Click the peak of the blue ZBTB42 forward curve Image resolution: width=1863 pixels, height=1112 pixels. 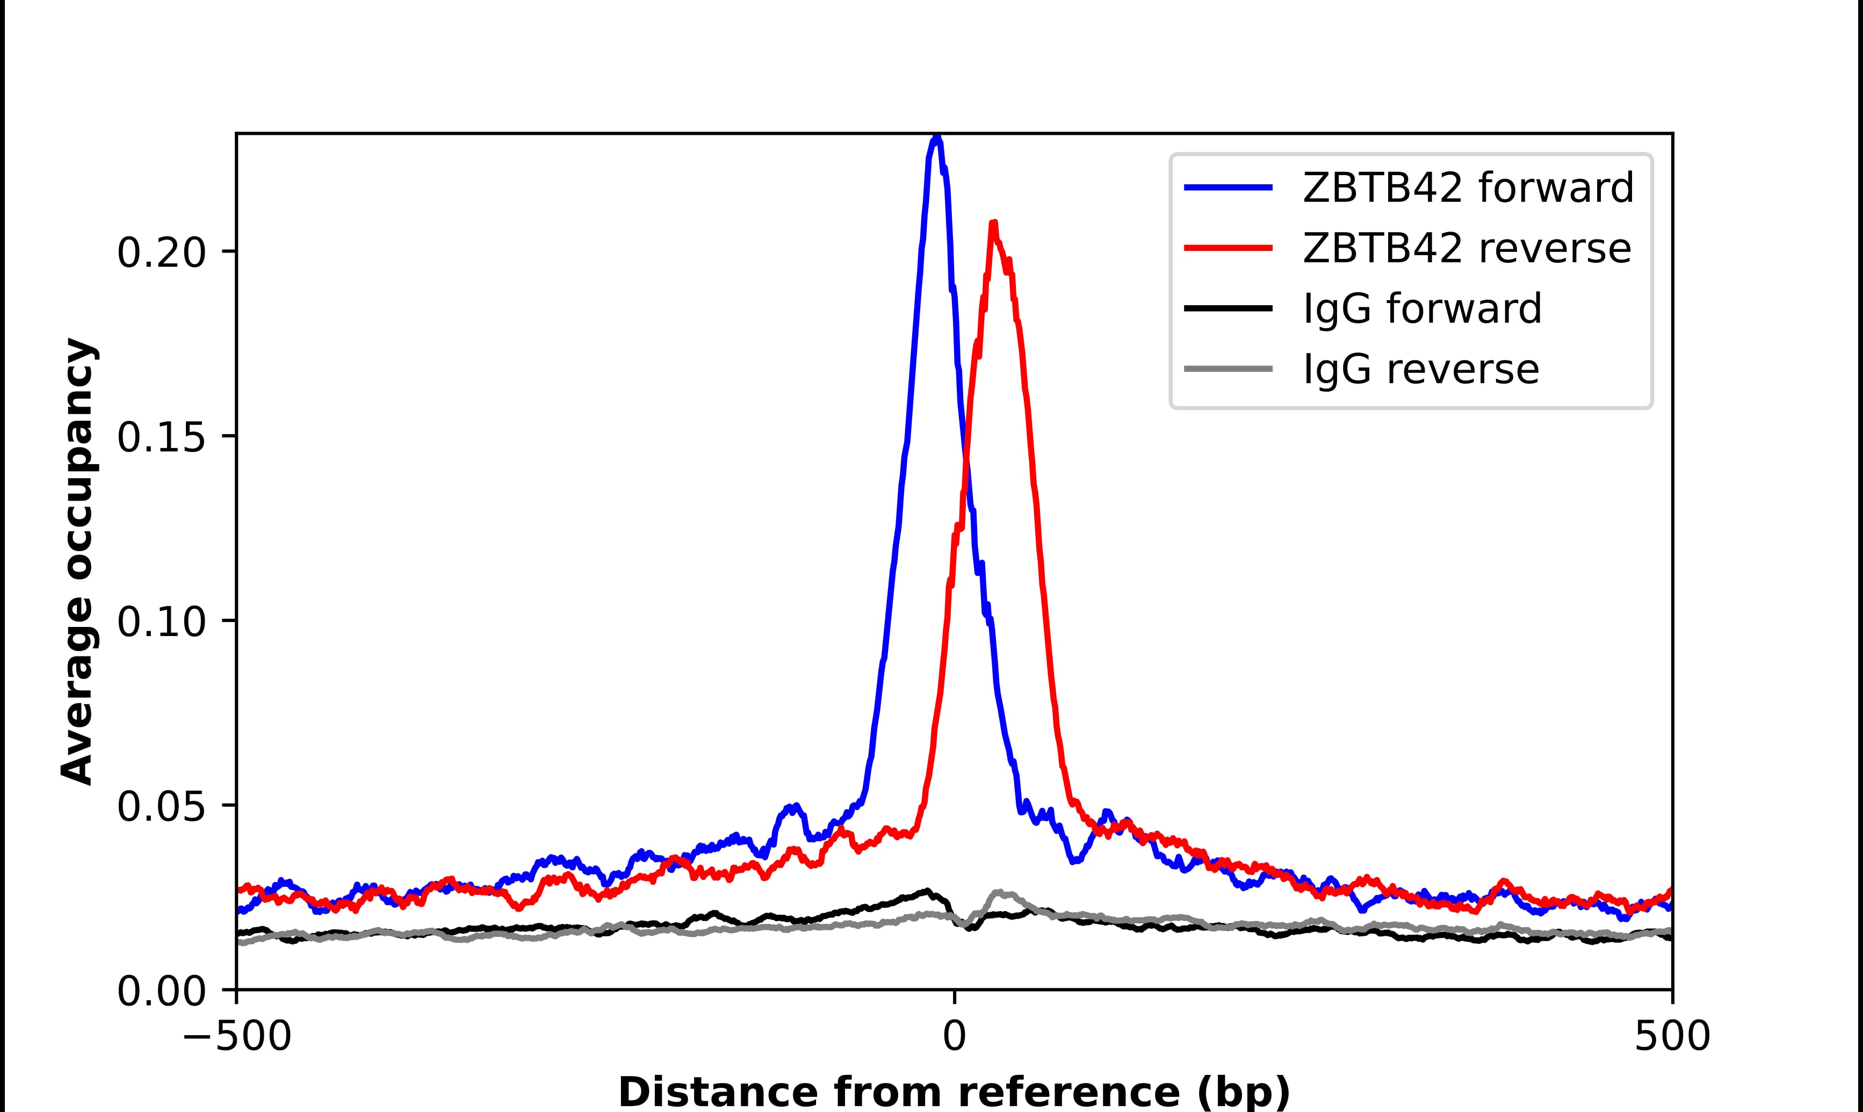point(936,138)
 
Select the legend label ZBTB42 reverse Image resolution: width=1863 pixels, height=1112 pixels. point(1466,248)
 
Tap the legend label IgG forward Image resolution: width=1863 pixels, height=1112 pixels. point(1422,309)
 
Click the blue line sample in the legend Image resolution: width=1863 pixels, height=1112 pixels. point(1229,187)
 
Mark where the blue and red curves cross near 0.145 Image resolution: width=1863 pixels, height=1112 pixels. point(965,457)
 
